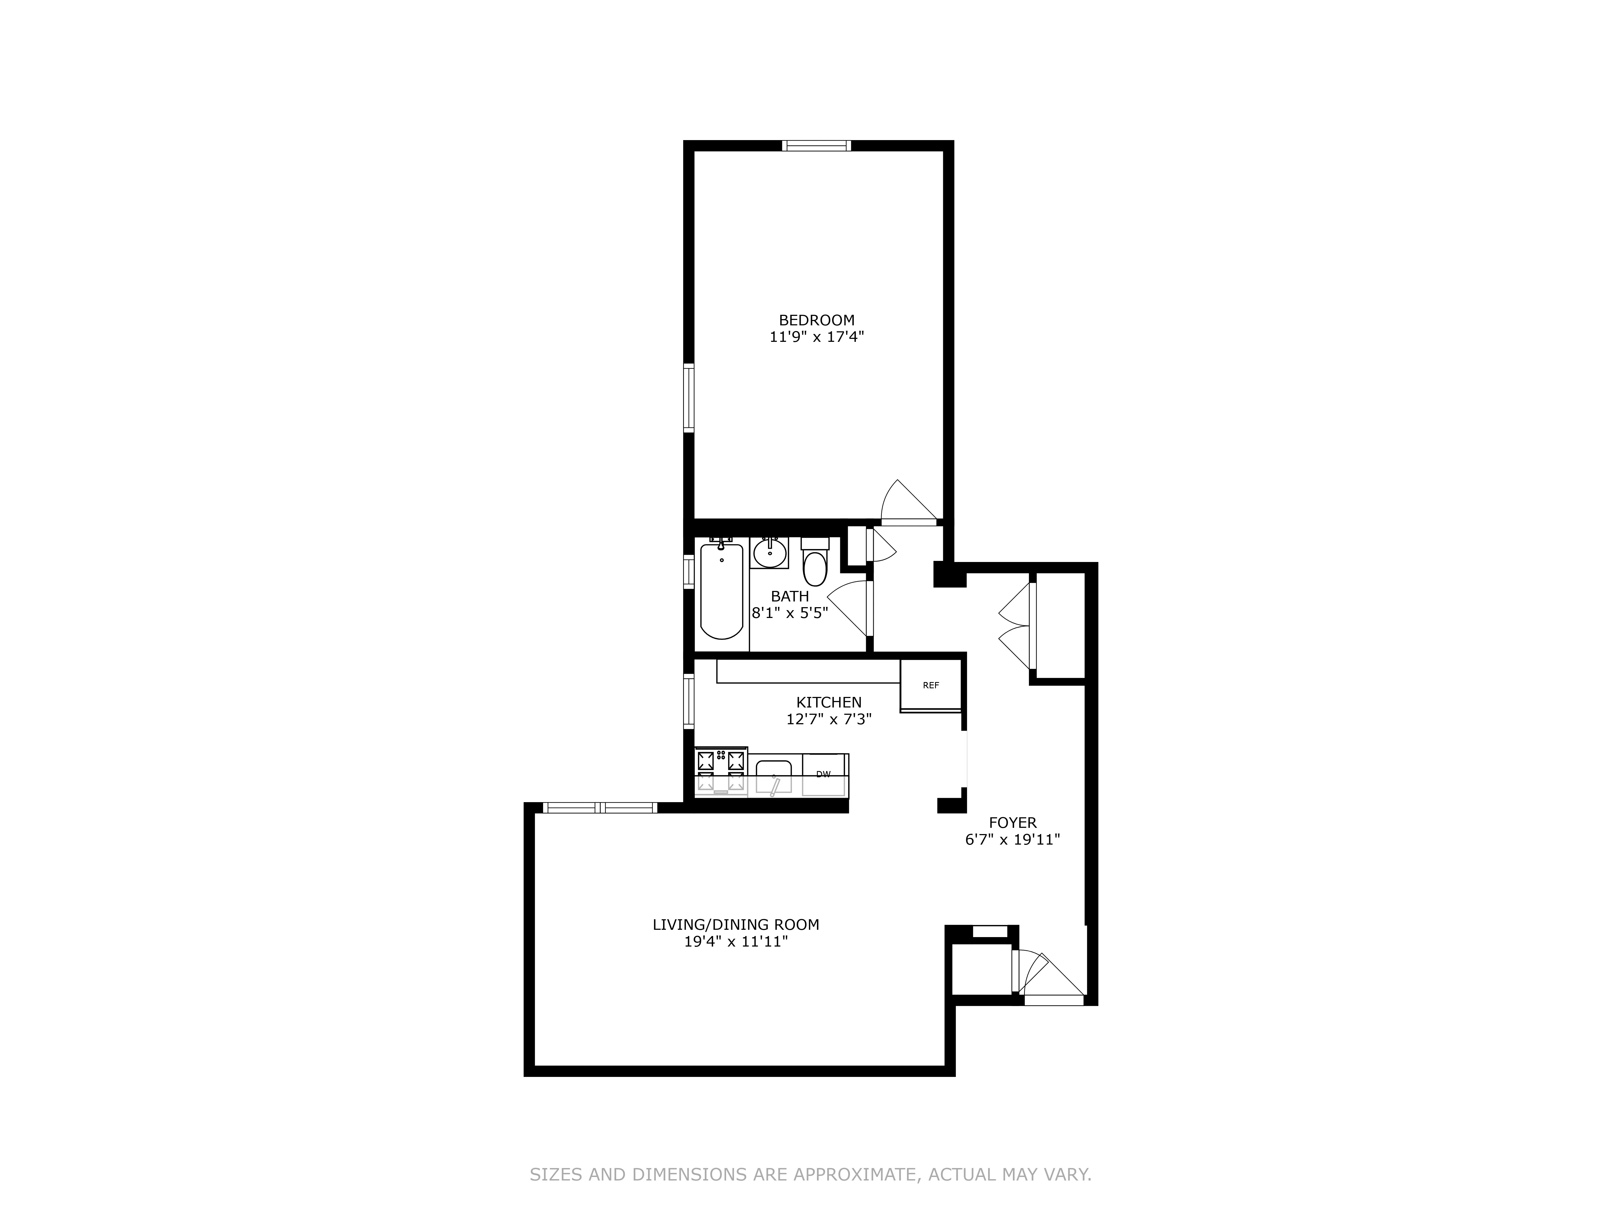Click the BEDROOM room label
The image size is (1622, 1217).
(816, 320)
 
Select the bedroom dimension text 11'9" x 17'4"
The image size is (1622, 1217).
(816, 338)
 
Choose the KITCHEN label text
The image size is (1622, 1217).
(829, 702)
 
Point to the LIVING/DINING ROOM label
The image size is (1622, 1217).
(736, 924)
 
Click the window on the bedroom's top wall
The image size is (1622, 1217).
(816, 145)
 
